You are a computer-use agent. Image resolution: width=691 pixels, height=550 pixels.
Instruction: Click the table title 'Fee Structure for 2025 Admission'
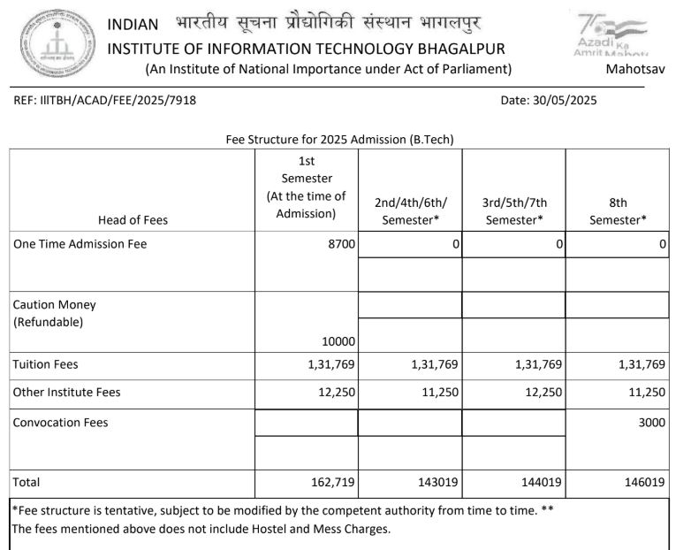340,140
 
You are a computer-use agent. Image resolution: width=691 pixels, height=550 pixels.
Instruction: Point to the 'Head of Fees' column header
134,220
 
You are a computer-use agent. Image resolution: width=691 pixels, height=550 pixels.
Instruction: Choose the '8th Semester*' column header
618,211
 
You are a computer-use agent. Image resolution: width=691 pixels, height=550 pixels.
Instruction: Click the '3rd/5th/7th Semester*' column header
513,211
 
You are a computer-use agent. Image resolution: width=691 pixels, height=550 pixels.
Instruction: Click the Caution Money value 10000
338,340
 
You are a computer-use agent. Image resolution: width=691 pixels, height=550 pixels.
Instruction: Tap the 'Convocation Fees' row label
60,423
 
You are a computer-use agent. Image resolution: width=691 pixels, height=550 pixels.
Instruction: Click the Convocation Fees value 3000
651,423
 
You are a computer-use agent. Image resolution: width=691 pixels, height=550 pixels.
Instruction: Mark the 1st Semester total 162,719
330,483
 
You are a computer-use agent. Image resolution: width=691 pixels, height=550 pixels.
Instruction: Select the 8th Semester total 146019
644,483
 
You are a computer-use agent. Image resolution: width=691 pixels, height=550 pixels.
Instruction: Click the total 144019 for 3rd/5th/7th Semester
541,483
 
